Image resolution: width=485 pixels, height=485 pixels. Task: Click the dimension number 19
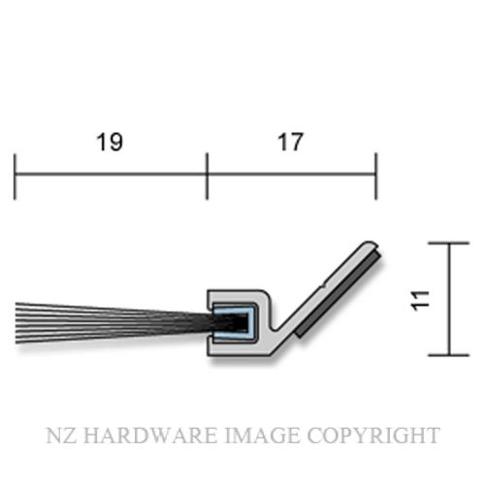(x=110, y=142)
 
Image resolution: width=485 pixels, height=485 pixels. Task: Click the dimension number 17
(x=291, y=142)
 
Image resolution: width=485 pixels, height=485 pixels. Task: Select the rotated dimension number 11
(x=420, y=301)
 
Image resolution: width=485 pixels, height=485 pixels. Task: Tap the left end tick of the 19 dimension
(x=15, y=177)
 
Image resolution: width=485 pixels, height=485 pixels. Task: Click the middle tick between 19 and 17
(x=207, y=177)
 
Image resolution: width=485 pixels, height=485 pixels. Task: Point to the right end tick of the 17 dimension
(x=375, y=177)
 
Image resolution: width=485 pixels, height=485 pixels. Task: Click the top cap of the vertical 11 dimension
(x=448, y=243)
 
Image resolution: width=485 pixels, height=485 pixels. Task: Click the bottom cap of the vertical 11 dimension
(x=448, y=355)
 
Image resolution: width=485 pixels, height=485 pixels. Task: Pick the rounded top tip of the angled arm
(x=370, y=243)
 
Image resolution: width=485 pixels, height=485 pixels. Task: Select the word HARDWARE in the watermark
(x=150, y=436)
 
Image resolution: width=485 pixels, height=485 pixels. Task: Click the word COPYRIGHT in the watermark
(x=373, y=436)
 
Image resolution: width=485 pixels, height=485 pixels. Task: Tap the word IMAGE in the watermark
(x=262, y=436)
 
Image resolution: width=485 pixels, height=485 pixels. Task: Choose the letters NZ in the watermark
(x=61, y=436)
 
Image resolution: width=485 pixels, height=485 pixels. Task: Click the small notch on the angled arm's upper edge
(x=323, y=286)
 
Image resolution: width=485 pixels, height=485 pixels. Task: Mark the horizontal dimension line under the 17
(x=291, y=174)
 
